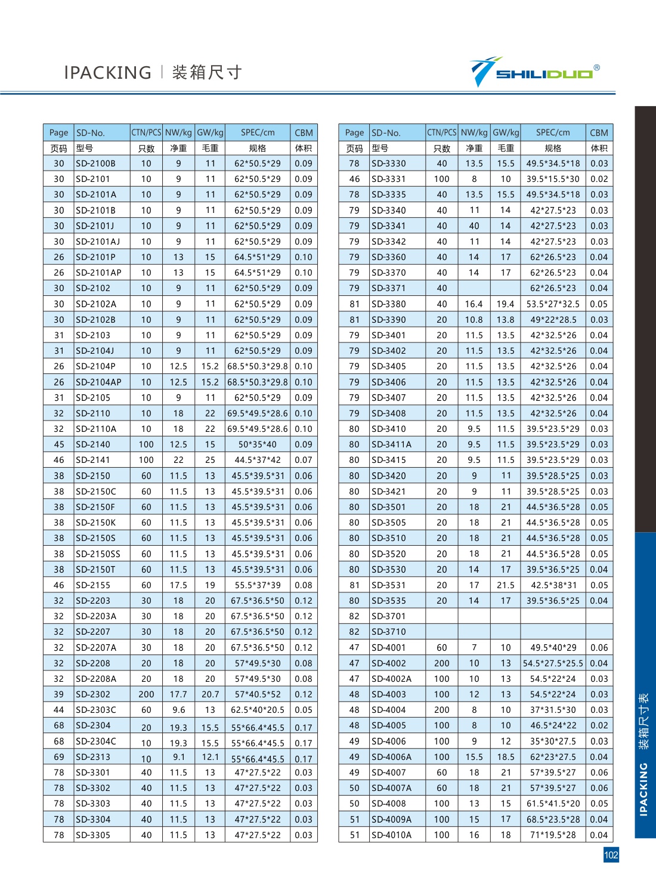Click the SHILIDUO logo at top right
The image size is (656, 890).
coord(534,72)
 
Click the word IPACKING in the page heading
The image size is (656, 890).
coord(107,73)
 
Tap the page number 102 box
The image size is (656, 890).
coord(611,855)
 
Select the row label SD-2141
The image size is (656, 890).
coord(93,460)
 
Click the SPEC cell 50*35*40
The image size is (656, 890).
coord(258,444)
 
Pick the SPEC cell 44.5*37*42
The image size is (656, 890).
coord(258,460)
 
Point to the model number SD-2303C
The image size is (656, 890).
coord(96,710)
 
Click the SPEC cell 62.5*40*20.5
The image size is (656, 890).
coord(258,710)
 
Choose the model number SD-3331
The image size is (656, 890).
coord(389,179)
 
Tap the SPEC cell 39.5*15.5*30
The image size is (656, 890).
coord(553,179)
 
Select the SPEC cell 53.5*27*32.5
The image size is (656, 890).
coord(553,304)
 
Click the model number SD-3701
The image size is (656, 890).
coord(389,616)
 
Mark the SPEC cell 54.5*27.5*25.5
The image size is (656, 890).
coord(553,663)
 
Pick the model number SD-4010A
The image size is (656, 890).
coord(392,835)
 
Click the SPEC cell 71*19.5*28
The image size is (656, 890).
coord(553,835)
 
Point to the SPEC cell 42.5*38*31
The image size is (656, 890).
coord(553,585)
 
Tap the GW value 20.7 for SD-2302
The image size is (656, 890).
coord(210,694)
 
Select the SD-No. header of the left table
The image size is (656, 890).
coord(91,132)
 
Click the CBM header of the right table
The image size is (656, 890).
coord(599,132)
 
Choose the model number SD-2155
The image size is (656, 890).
coord(93,585)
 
